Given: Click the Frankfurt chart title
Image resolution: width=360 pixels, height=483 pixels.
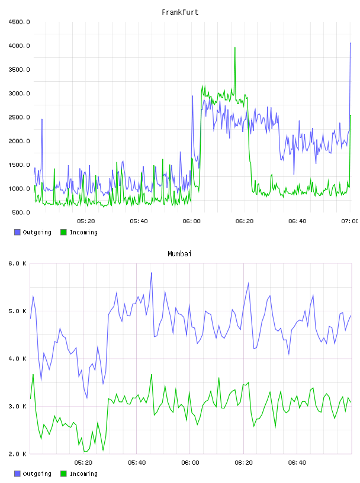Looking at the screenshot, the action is click(180, 12).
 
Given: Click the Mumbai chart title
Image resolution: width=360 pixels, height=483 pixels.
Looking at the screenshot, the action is click(179, 254).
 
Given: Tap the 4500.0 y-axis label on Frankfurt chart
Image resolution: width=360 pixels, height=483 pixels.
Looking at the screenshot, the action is click(19, 22).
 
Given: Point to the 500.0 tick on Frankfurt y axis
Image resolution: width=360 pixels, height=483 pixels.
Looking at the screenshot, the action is click(21, 212).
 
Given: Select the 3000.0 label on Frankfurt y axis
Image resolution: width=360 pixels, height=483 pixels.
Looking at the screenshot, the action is click(19, 94).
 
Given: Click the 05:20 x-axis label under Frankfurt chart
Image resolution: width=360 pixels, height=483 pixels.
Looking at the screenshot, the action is click(86, 221).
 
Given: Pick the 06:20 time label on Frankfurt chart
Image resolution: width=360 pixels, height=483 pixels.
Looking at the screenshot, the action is click(245, 221).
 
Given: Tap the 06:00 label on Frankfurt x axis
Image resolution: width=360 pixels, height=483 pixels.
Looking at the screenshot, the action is click(191, 221).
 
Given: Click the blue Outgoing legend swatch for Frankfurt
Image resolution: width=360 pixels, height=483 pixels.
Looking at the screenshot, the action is click(17, 232).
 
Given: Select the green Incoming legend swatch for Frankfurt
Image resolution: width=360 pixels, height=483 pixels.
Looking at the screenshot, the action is click(63, 232).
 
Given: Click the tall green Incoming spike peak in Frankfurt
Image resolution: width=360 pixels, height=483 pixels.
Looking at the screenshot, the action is click(235, 47).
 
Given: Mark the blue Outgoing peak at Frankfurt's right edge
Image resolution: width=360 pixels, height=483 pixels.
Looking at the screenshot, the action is click(351, 43).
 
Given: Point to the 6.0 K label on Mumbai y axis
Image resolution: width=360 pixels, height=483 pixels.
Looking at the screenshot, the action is click(17, 263).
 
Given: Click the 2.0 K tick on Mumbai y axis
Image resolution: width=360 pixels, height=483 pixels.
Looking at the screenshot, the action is click(17, 454).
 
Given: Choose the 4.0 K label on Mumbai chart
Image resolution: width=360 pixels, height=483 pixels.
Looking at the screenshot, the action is click(17, 359).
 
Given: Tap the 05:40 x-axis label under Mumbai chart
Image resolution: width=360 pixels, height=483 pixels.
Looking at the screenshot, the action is click(137, 463).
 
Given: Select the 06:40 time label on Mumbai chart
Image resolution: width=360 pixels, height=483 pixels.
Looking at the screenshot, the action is click(297, 463).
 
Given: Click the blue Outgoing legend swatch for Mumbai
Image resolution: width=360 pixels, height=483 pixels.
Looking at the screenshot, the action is click(17, 474).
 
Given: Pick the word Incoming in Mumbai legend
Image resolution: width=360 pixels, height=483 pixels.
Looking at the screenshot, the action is click(83, 474).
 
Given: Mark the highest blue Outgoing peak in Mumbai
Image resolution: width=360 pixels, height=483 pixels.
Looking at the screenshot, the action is click(152, 273).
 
